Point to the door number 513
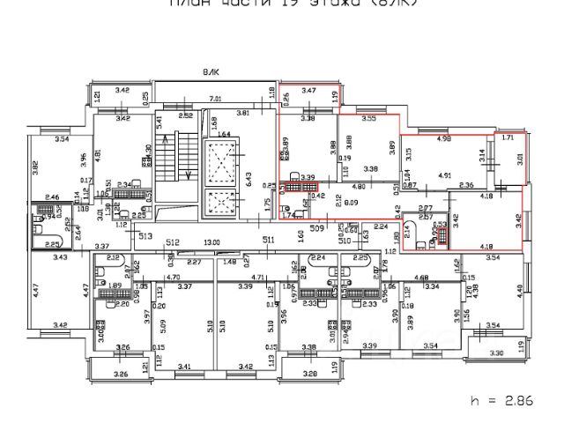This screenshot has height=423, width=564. tap(144, 236)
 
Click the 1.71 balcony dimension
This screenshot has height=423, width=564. tap(506, 138)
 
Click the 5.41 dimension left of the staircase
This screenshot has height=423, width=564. tap(160, 130)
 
